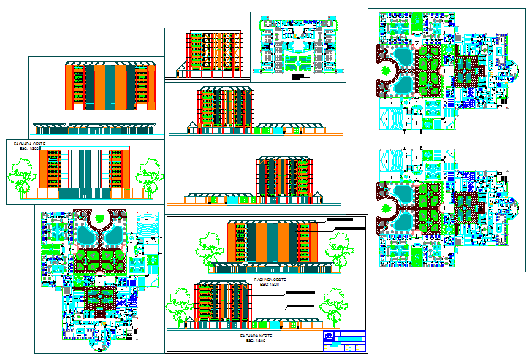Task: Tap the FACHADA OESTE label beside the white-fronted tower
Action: click(28, 145)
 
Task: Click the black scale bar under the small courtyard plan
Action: click(300, 76)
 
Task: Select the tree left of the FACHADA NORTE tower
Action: click(180, 306)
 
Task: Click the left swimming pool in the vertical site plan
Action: click(86, 235)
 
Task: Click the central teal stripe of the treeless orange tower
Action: click(110, 88)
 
